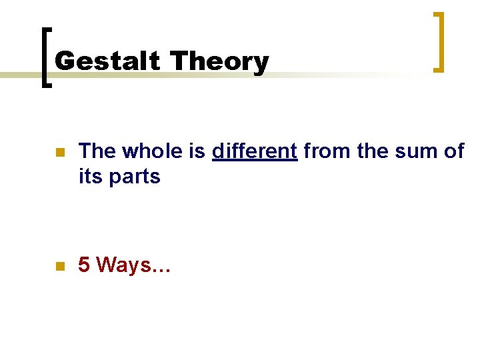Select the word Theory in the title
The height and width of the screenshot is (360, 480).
point(219,61)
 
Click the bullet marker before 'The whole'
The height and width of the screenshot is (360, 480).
point(59,153)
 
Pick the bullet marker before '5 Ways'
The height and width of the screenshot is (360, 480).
point(59,266)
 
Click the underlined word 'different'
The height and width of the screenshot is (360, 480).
point(254,152)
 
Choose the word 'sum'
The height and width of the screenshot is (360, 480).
point(414,152)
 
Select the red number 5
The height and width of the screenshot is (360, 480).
point(84,265)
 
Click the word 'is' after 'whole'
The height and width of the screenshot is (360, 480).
point(197,152)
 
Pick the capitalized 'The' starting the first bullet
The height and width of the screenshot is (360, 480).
point(97,152)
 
